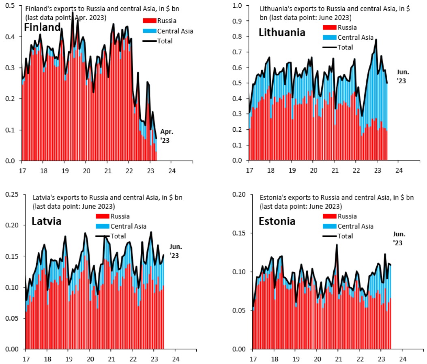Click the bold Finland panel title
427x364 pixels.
coord(42,28)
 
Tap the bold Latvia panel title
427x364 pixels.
coord(46,222)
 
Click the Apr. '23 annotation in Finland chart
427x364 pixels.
coord(166,135)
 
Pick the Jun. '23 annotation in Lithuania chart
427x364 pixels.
coord(403,76)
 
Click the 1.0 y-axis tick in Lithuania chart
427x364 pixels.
coord(236,6)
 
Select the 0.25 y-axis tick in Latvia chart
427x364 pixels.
coord(12,195)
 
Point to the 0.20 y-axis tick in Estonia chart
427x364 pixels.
coord(240,195)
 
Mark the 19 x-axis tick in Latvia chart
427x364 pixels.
coord(69,359)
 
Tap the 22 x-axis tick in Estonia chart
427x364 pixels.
coord(360,359)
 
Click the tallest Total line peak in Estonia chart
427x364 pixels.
coord(337,244)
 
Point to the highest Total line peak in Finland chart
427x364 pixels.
coord(73,12)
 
